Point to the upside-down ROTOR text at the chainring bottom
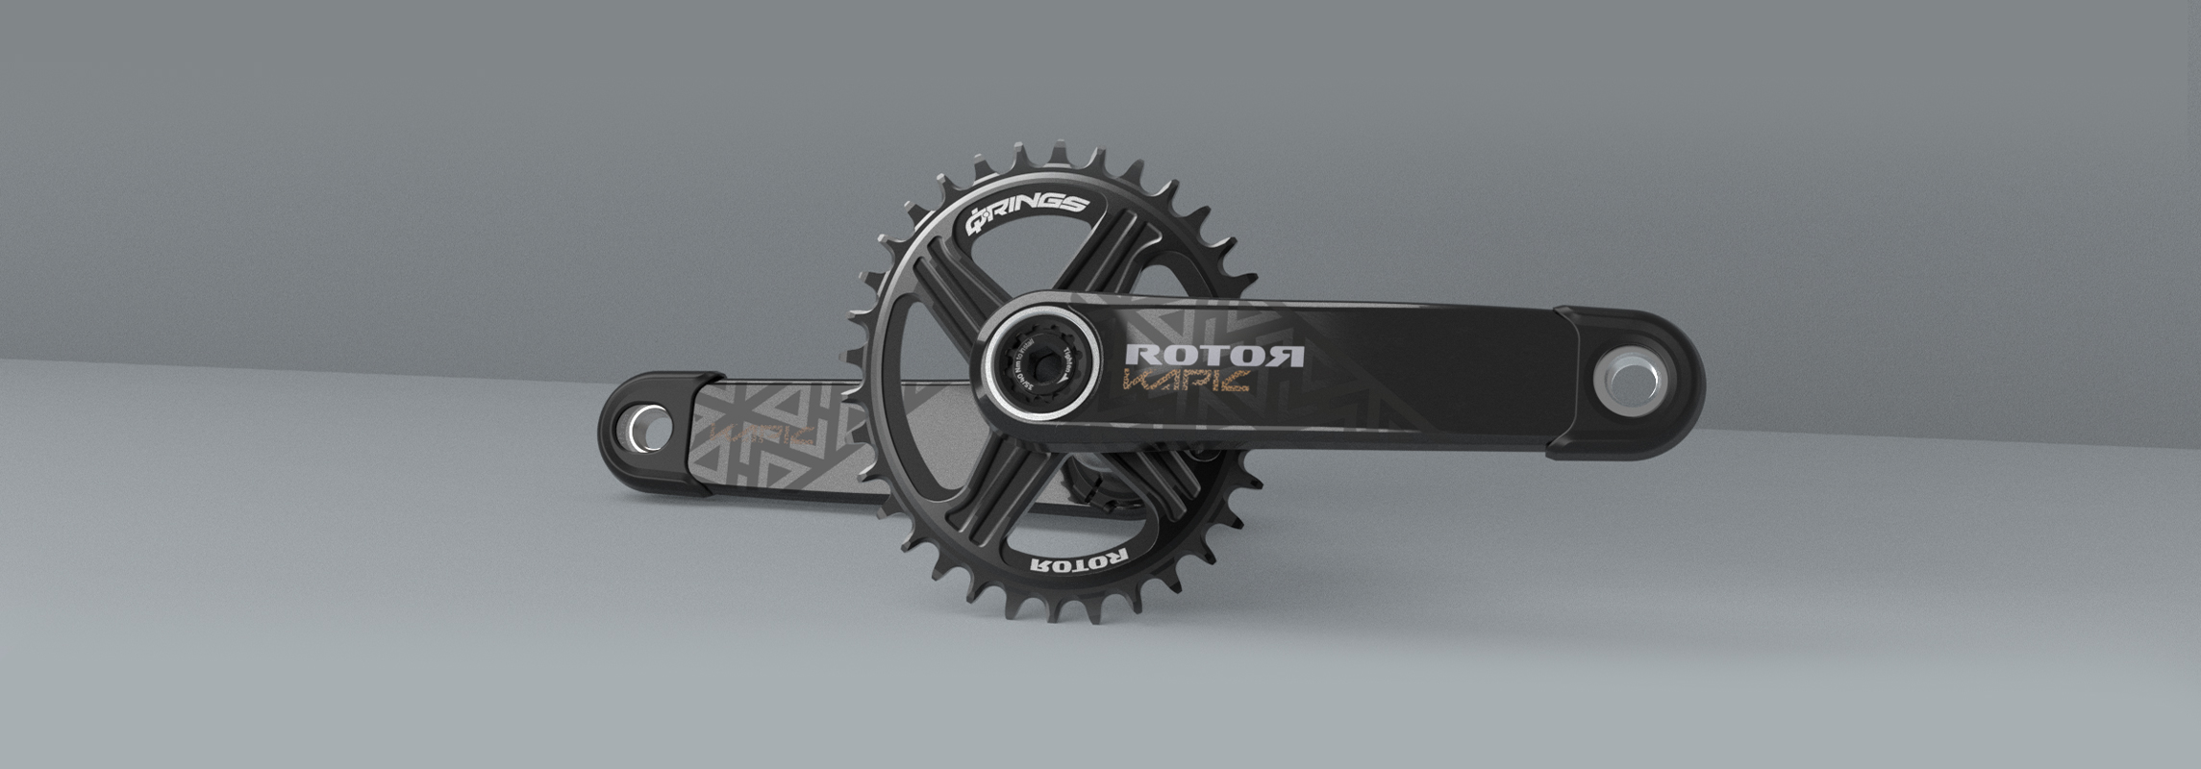point(1078,564)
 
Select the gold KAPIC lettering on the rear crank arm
point(763,434)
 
